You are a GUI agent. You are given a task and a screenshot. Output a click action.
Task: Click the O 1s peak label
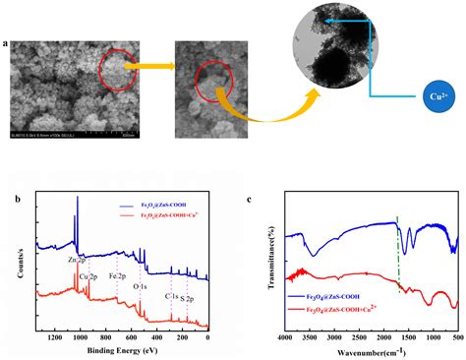[144, 287]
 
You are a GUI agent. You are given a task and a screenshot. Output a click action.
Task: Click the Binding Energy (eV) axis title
[123, 349]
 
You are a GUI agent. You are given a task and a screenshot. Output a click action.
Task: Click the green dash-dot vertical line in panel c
[397, 246]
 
